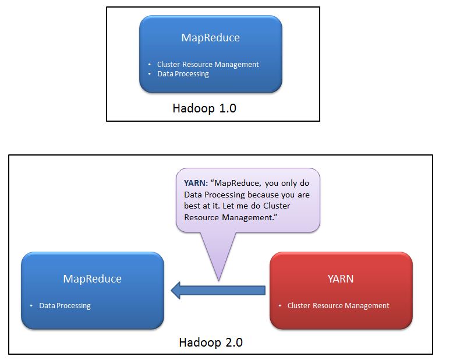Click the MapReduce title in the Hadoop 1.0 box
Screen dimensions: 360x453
point(210,38)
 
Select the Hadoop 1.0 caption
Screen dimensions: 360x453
point(204,108)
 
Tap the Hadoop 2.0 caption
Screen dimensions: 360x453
point(210,342)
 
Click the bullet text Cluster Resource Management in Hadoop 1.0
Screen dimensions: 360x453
point(208,65)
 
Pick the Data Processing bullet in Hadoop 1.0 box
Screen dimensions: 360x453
point(183,74)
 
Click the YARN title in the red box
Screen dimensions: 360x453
point(341,278)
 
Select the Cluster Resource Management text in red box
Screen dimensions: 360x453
point(338,305)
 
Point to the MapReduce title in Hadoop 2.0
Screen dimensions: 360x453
point(92,278)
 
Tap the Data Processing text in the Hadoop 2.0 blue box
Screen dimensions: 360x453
point(65,305)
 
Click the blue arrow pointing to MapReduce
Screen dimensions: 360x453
point(218,290)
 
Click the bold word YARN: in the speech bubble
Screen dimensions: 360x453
point(196,183)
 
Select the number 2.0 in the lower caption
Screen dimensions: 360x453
point(231,342)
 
